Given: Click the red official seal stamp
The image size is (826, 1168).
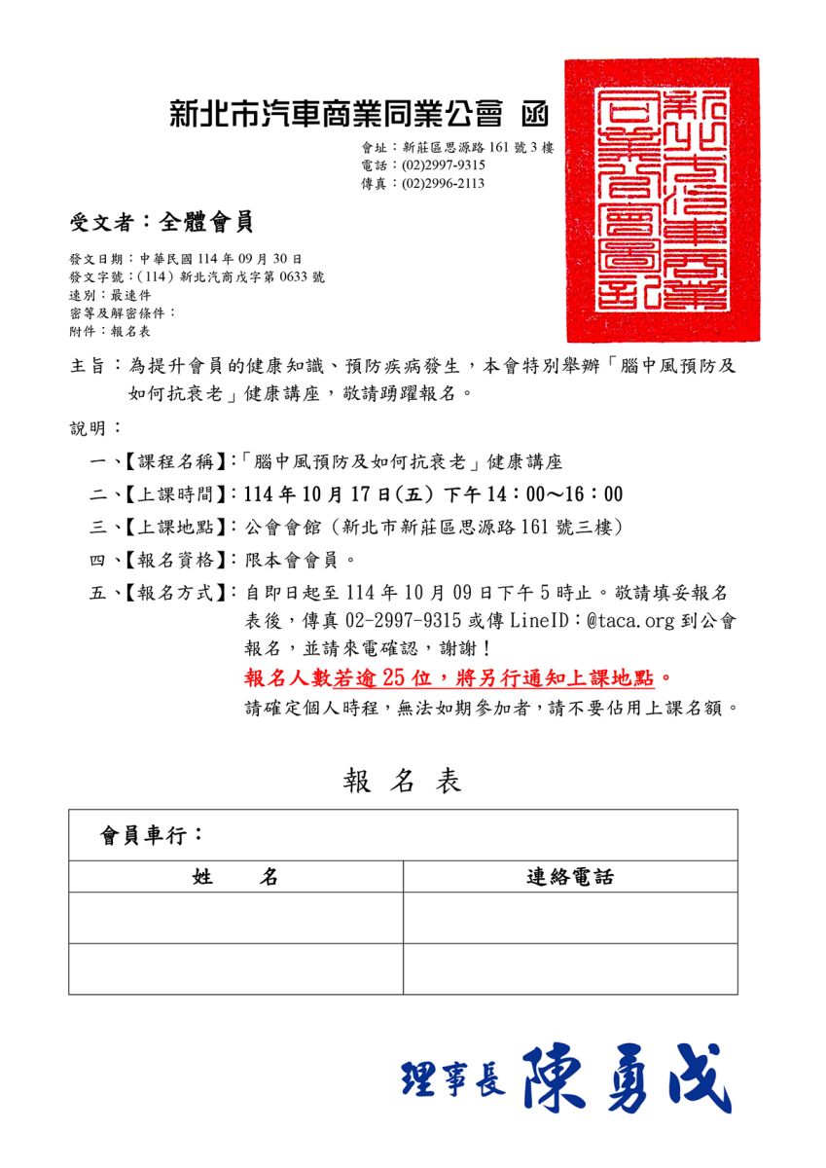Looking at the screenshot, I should coord(663,200).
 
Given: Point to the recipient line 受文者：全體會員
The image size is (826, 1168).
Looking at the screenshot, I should coord(162,223).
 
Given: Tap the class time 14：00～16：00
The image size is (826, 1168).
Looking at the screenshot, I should coord(561,494).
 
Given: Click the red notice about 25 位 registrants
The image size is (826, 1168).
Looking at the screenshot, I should coord(458,677).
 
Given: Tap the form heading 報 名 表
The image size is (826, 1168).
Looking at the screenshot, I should coord(402,781).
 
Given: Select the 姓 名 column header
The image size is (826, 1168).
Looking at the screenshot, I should coord(235,877).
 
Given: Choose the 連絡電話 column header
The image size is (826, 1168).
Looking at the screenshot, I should coord(570,877).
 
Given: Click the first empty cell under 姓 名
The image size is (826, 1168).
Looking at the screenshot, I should coord(235,918).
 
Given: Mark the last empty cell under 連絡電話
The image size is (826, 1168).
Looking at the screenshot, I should coord(570,968).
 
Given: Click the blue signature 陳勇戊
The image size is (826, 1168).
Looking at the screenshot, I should coord(627,1078).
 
